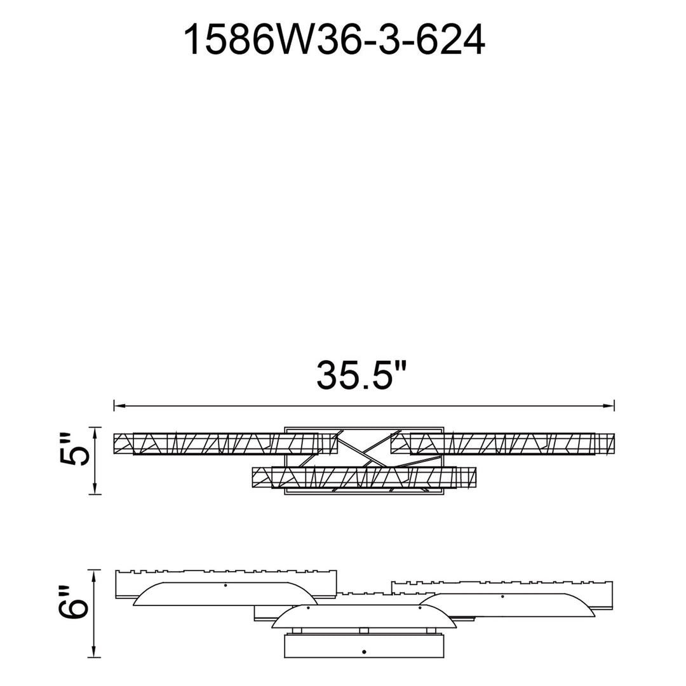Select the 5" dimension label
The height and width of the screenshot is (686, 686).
(x=74, y=450)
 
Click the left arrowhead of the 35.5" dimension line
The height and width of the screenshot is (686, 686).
(x=119, y=405)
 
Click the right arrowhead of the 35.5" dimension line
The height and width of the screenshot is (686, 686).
(x=609, y=405)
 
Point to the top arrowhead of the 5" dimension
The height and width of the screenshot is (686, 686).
(x=95, y=433)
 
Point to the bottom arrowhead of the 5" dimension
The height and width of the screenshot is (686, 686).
(x=95, y=489)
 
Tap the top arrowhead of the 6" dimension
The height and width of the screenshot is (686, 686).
(x=95, y=575)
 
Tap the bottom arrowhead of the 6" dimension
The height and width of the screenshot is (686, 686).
(x=95, y=652)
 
